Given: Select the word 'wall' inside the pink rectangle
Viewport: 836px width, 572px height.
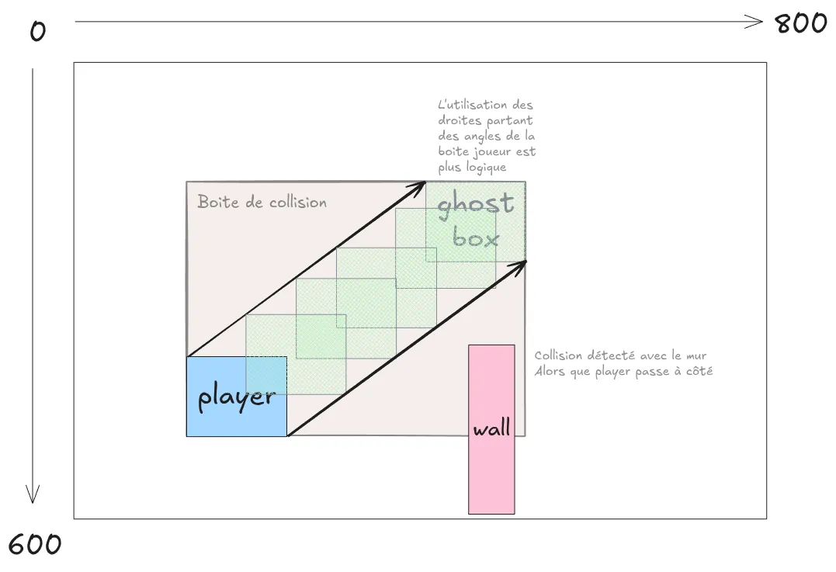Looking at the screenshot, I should click(491, 428).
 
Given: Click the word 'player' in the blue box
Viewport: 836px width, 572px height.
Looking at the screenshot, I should click(236, 397).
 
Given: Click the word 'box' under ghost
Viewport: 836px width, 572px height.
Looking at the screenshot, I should click(475, 238).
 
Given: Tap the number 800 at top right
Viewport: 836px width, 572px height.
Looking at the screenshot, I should click(801, 23).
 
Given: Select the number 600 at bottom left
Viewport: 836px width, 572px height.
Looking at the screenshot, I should click(34, 544).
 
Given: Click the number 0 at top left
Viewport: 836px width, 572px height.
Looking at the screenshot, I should click(37, 32).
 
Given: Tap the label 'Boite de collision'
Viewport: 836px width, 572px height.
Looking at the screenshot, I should click(262, 203).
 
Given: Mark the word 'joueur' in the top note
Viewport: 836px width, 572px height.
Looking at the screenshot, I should click(496, 152).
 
